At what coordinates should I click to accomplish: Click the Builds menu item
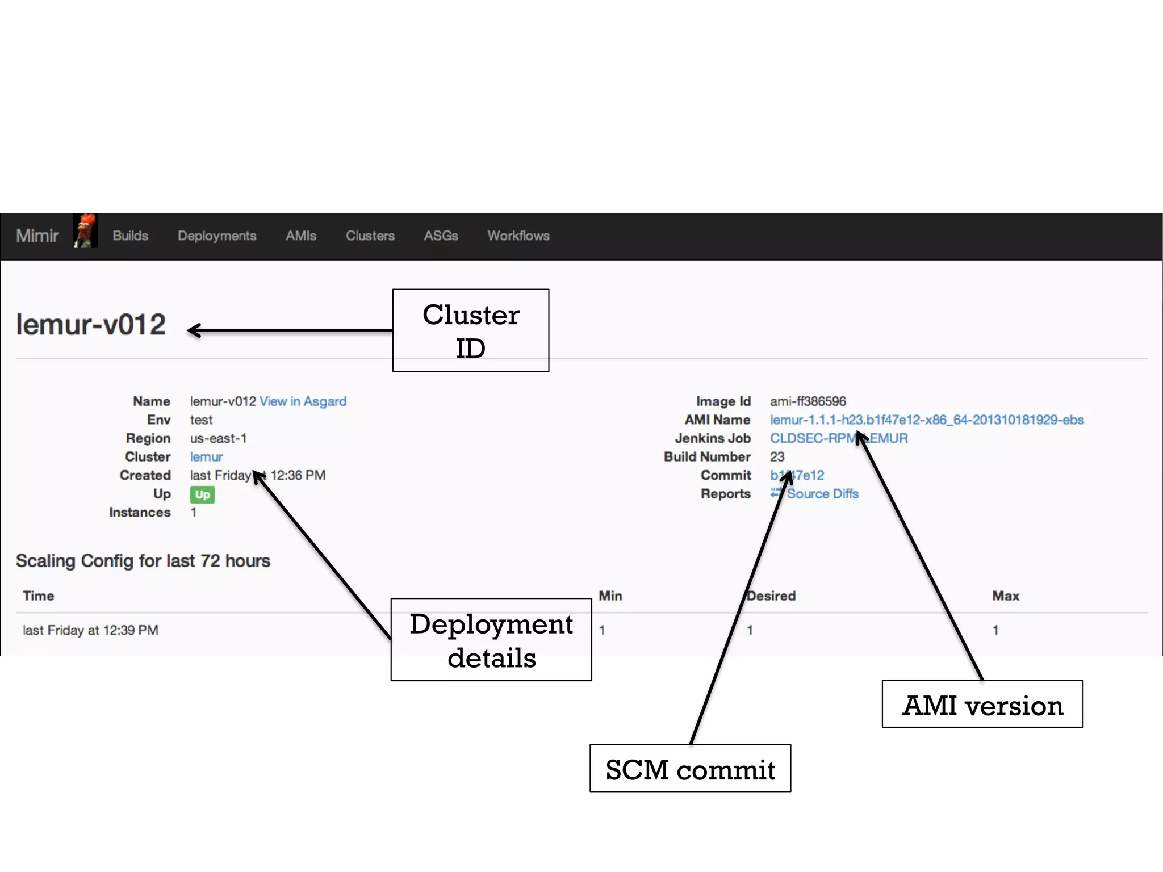coord(130,236)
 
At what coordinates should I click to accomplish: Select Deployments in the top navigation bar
coord(217,236)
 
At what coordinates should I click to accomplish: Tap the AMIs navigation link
coord(301,236)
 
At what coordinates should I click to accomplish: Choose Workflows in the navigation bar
coord(518,236)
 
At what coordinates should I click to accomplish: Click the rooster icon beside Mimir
coord(85,231)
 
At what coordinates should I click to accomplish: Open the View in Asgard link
coord(303,401)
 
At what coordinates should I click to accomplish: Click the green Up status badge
coord(202,494)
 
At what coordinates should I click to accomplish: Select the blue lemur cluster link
coord(206,457)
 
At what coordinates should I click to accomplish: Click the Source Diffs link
coord(822,494)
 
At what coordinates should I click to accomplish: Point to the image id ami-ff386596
coord(808,401)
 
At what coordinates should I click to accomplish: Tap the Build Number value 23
coord(777,457)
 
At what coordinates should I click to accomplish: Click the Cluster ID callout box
coord(470,330)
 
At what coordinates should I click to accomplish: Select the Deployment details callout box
coord(491,640)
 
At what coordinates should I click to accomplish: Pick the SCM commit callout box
coord(690,769)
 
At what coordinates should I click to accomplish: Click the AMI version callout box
coord(982,705)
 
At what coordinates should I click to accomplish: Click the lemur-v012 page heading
coord(91,325)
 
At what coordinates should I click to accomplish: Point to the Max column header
coord(1006,596)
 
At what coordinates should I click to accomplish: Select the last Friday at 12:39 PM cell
coord(90,630)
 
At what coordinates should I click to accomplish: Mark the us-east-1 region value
coord(218,438)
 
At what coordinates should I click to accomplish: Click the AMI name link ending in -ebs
coord(927,420)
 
